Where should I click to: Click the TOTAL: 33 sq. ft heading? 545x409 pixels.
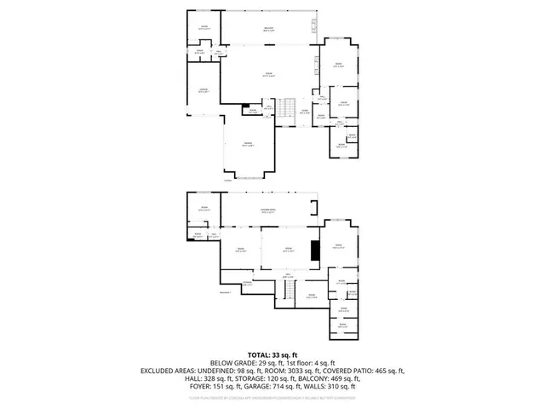(272, 354)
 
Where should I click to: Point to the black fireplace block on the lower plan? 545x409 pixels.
(314, 251)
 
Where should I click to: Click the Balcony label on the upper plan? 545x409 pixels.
(268, 30)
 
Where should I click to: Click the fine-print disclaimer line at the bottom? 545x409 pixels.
(272, 396)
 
